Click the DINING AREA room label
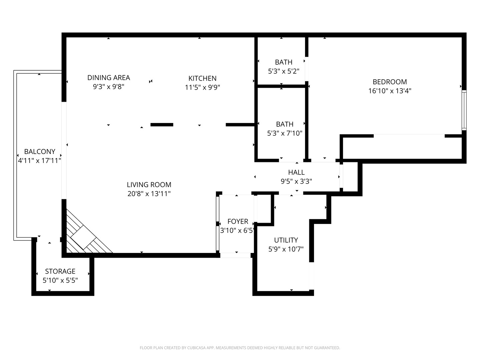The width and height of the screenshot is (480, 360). tap(109, 78)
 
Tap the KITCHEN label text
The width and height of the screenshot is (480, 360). tap(202, 78)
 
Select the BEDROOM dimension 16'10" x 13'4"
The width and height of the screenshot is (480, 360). tap(390, 91)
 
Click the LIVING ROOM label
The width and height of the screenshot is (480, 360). tap(149, 185)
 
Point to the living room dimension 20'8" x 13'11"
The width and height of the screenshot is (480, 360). tap(149, 194)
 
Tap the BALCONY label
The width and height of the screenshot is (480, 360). tap(40, 152)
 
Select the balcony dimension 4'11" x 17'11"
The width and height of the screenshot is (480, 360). tap(39, 161)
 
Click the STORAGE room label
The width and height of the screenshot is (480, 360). tap(60, 271)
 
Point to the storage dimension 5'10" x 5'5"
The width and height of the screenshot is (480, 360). tap(60, 280)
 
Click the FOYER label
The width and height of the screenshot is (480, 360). tap(238, 221)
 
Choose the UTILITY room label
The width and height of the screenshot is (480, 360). tap(286, 240)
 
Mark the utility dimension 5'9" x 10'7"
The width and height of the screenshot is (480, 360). tap(286, 249)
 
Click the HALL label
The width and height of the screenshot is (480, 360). tap(296, 172)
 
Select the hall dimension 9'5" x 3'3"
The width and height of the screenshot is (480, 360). tap(296, 181)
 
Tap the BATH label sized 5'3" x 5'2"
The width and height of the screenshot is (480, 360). tap(284, 62)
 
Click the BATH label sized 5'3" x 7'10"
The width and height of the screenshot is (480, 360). tap(285, 124)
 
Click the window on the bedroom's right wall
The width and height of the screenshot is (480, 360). tap(464, 110)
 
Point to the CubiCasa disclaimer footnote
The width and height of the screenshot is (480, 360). tap(240, 348)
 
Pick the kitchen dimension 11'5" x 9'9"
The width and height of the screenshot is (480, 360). tap(202, 87)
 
